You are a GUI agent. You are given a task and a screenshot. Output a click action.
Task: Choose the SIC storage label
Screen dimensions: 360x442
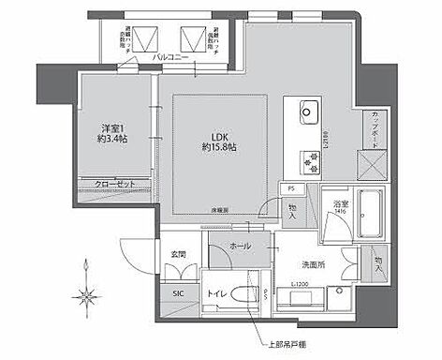178,293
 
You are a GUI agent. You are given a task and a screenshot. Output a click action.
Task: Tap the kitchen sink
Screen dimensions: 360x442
310,115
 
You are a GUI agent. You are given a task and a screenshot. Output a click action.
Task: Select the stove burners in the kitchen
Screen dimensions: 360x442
309,161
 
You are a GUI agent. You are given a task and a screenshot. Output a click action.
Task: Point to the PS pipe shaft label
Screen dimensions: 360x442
291,188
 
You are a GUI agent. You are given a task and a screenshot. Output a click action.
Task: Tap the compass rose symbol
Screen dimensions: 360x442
87,296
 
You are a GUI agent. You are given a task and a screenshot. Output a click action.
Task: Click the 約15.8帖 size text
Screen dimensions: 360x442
219,148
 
